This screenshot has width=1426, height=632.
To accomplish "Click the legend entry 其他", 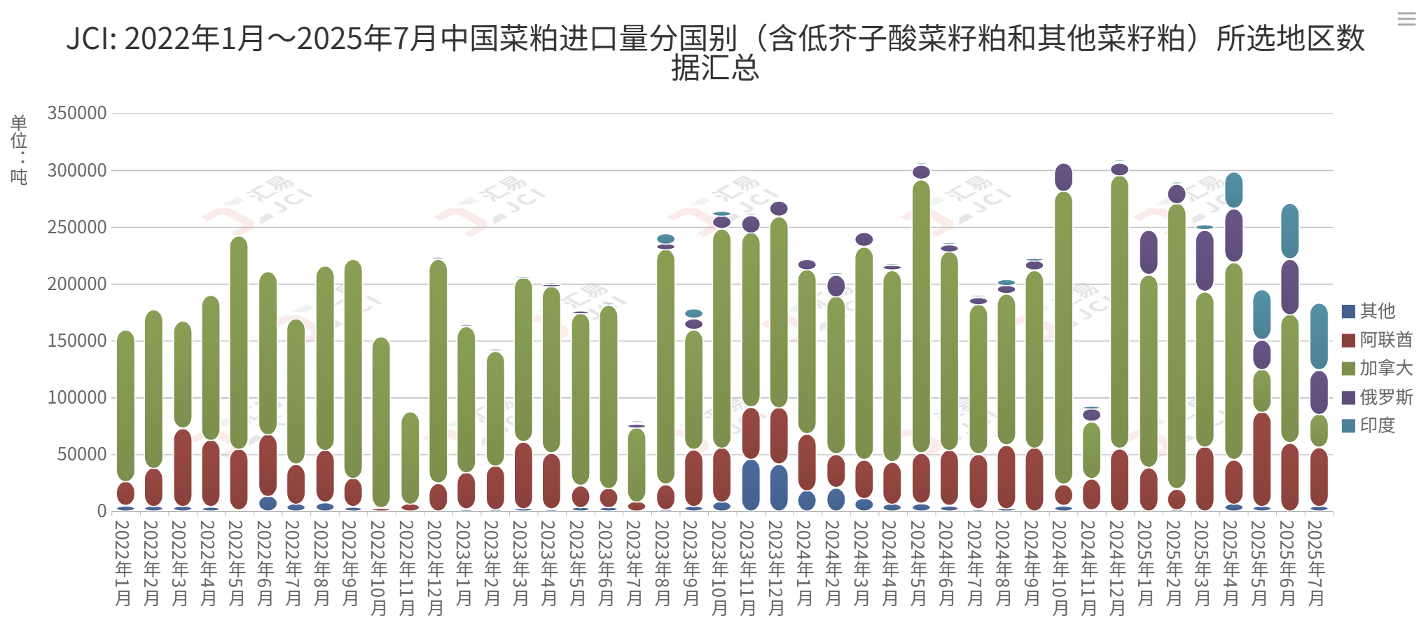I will (1369, 311).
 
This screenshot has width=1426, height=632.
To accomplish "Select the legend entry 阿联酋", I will (1377, 340).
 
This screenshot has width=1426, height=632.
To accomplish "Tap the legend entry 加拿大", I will (1377, 369).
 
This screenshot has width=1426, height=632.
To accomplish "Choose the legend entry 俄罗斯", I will (1377, 397).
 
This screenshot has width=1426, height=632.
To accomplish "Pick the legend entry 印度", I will (1369, 425).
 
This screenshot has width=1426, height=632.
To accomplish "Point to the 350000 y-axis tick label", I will (77, 114).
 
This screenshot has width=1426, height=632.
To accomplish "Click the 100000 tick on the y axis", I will (77, 398).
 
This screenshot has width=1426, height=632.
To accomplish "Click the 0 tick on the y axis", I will (102, 511).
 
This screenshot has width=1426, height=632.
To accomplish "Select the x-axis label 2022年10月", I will (379, 568).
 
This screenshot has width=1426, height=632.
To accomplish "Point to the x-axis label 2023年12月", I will (777, 568).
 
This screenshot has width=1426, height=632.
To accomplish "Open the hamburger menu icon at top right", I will (1406, 19).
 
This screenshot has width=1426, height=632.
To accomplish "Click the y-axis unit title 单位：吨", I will (19, 149).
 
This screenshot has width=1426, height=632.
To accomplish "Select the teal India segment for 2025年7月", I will (1319, 336).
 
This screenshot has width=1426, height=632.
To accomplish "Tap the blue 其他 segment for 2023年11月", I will (750, 485).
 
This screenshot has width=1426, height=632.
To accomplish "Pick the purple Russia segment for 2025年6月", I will (1289, 287).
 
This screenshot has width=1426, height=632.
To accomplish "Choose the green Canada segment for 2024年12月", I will (1119, 312).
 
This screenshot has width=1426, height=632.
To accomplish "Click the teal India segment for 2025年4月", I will (1233, 190).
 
